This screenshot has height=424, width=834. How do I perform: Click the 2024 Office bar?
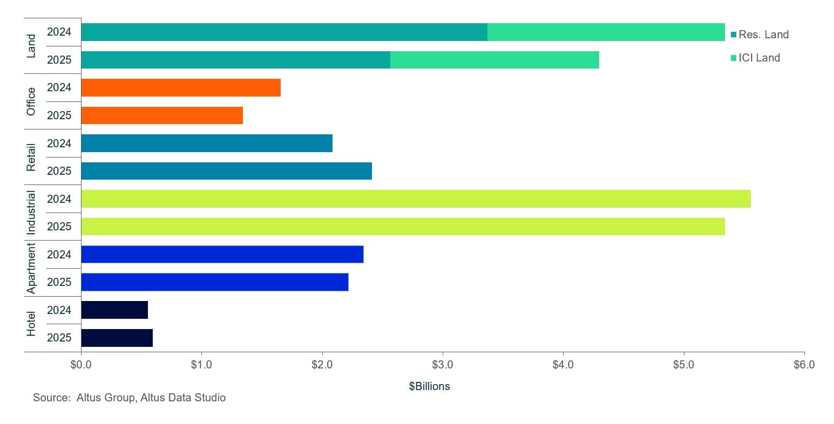[x=181, y=88]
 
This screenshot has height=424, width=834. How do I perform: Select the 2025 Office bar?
[x=162, y=115]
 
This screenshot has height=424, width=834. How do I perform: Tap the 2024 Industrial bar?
[x=416, y=199]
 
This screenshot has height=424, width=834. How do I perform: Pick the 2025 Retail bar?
[x=226, y=171]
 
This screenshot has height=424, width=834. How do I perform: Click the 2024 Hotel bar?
[x=114, y=310]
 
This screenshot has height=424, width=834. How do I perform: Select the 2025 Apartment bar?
[x=214, y=282]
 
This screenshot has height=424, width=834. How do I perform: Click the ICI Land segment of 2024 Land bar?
[x=606, y=32]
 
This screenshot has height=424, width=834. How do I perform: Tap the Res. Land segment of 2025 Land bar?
[x=235, y=60]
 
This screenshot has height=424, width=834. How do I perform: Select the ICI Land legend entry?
[x=755, y=58]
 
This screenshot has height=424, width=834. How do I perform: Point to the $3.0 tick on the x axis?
[x=443, y=365]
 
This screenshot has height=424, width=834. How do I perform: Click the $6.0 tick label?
[x=804, y=365]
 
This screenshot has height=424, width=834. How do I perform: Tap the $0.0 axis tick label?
[x=81, y=365]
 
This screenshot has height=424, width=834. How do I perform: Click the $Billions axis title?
[x=429, y=386]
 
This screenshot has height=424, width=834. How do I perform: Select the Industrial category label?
[x=31, y=213]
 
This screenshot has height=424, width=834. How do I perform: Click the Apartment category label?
[x=31, y=268]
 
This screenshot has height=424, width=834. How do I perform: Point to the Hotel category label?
[x=31, y=324]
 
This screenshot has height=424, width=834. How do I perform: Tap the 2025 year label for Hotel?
[x=59, y=338]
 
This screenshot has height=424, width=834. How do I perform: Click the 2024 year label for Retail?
[x=59, y=143]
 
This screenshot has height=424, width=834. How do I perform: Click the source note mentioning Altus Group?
[x=129, y=398]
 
